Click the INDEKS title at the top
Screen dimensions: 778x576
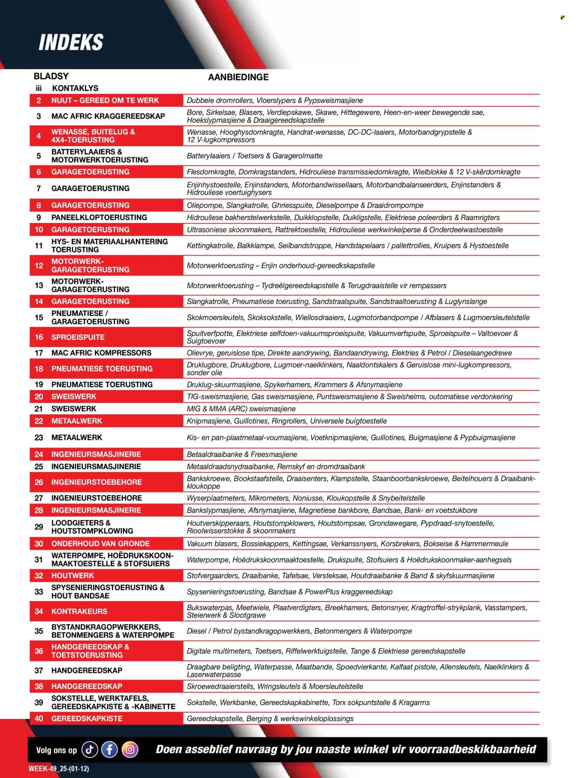[x=71, y=42]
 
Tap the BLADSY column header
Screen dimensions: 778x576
[x=51, y=76]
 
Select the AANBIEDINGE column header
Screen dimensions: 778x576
[x=238, y=77]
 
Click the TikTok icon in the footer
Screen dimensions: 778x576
[x=90, y=750]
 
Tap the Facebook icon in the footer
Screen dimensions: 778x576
[x=110, y=750]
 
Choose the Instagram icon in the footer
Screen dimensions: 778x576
[x=130, y=750]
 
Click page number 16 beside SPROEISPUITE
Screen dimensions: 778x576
[x=39, y=337]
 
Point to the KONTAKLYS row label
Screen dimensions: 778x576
[x=75, y=88]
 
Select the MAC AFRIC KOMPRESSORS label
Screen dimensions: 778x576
[x=101, y=353]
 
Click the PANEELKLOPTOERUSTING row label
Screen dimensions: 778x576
[x=99, y=217]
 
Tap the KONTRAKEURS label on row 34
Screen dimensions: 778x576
[x=79, y=611]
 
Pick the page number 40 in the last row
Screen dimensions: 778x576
[x=39, y=718]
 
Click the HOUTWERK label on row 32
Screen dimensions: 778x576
[x=72, y=575]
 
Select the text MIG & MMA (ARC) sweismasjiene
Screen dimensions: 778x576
[x=241, y=408]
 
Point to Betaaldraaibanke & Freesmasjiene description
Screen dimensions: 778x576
[x=242, y=454]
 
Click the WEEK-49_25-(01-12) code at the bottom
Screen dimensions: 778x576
[x=59, y=768]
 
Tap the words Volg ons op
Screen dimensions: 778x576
[x=56, y=750]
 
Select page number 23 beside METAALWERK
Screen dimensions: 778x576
[x=39, y=437]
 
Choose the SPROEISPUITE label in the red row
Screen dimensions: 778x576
[x=78, y=337]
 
